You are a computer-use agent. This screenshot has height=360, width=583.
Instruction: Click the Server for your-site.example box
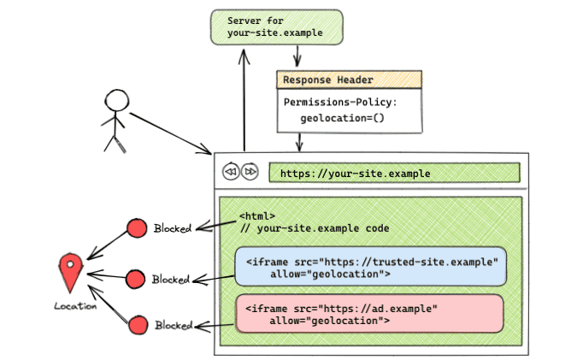click(276, 27)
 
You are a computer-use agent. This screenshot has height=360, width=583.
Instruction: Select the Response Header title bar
click(349, 80)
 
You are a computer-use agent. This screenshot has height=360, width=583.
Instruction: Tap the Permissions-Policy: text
click(340, 102)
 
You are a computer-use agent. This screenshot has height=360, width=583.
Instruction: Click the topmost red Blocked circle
click(136, 228)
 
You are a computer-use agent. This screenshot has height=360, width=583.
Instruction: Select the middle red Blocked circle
click(136, 279)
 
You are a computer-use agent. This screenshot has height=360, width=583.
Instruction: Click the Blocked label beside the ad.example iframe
click(174, 326)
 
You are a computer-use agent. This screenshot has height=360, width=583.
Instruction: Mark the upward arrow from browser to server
click(244, 98)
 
